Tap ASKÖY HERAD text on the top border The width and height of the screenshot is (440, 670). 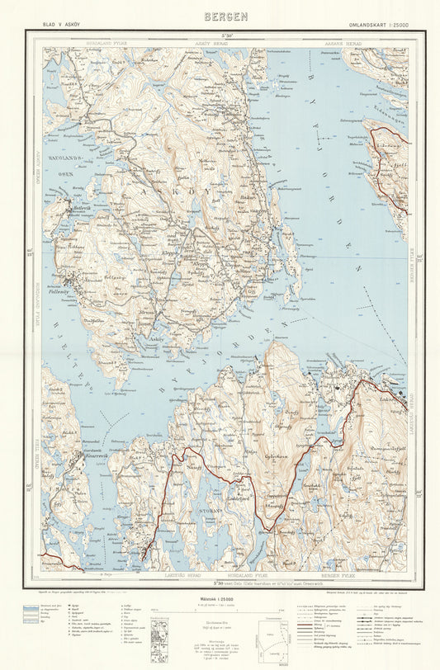click(202, 41)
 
